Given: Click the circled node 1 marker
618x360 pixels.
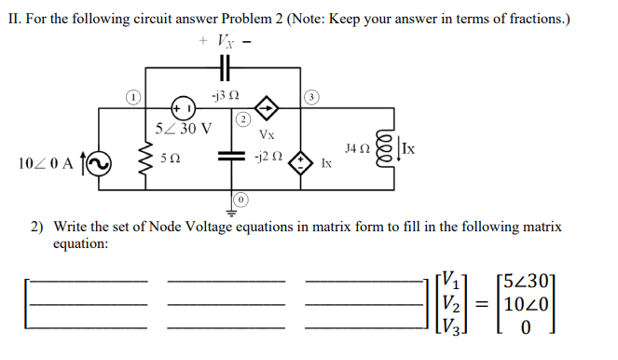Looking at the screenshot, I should (132, 97).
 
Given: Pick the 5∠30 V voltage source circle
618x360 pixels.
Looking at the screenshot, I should (180, 107).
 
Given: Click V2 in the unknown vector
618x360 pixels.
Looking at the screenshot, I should (450, 304).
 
